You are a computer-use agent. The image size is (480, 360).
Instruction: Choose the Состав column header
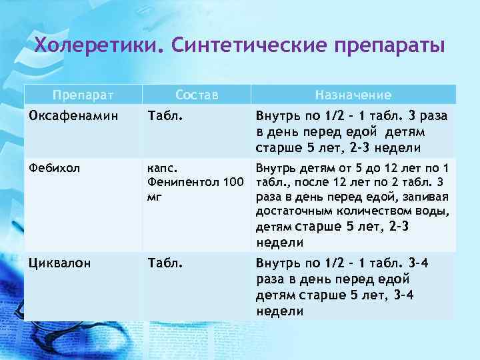[197, 95]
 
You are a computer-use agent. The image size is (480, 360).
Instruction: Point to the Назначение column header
[353, 95]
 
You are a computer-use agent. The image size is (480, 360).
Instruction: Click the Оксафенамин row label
[67, 115]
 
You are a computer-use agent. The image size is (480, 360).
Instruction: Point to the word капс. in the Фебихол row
[161, 168]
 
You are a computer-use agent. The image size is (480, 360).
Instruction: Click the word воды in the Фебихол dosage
[432, 212]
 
